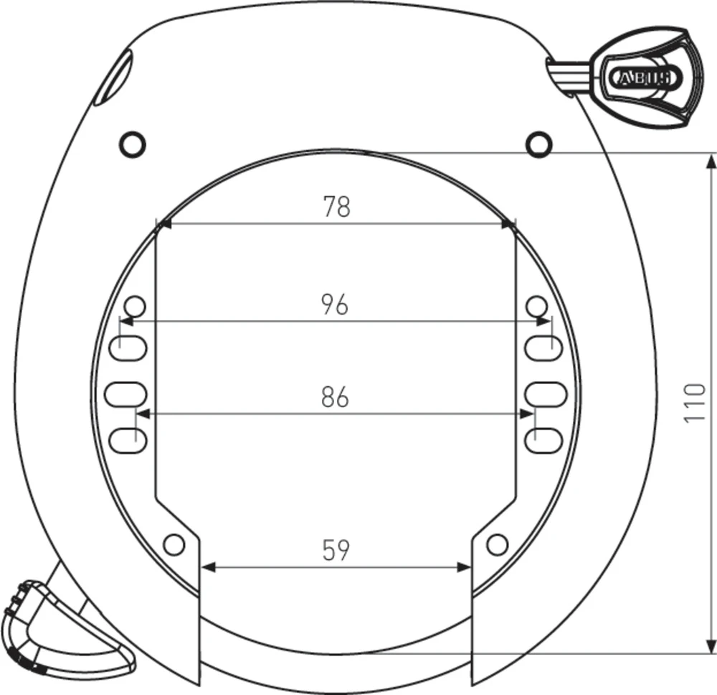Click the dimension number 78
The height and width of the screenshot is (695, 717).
(336, 207)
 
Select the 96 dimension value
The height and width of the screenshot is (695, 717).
(335, 304)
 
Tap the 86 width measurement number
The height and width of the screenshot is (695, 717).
(335, 397)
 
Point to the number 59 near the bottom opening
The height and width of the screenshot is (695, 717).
(335, 551)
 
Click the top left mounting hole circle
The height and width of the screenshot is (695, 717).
(133, 144)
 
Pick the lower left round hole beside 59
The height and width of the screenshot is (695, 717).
(174, 545)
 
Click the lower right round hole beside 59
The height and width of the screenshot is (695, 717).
(496, 545)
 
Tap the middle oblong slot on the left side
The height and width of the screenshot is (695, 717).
(125, 393)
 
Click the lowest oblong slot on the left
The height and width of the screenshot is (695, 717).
(130, 437)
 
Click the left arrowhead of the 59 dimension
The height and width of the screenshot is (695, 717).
(206, 567)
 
